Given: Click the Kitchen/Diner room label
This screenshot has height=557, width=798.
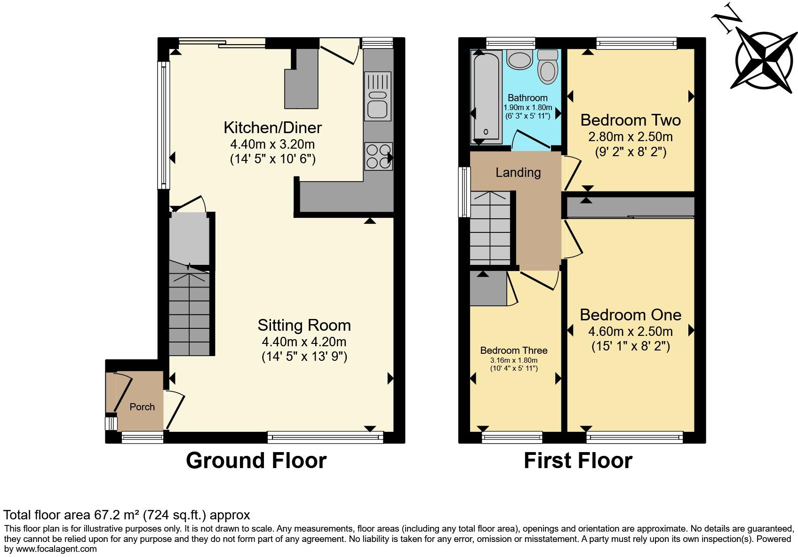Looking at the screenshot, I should tap(272, 127).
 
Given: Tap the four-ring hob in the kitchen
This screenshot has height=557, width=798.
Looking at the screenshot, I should tap(378, 156).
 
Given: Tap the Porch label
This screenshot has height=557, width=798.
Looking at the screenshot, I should tap(142, 407).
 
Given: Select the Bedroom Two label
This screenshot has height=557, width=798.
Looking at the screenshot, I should tap(630, 120).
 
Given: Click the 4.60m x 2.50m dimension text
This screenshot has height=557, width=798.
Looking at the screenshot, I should tap(630, 331).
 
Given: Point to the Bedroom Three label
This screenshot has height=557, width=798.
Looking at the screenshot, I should tap(514, 350).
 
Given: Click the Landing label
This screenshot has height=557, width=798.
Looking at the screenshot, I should tap(518, 173).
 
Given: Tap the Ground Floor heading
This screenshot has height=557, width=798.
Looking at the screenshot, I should tap(256, 460).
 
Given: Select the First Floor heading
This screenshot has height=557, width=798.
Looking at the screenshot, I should tap(578, 460).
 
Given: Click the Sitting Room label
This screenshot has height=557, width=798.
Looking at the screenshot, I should tap(304, 325).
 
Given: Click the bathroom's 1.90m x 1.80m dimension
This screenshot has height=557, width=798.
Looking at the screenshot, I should tap(527, 108).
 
